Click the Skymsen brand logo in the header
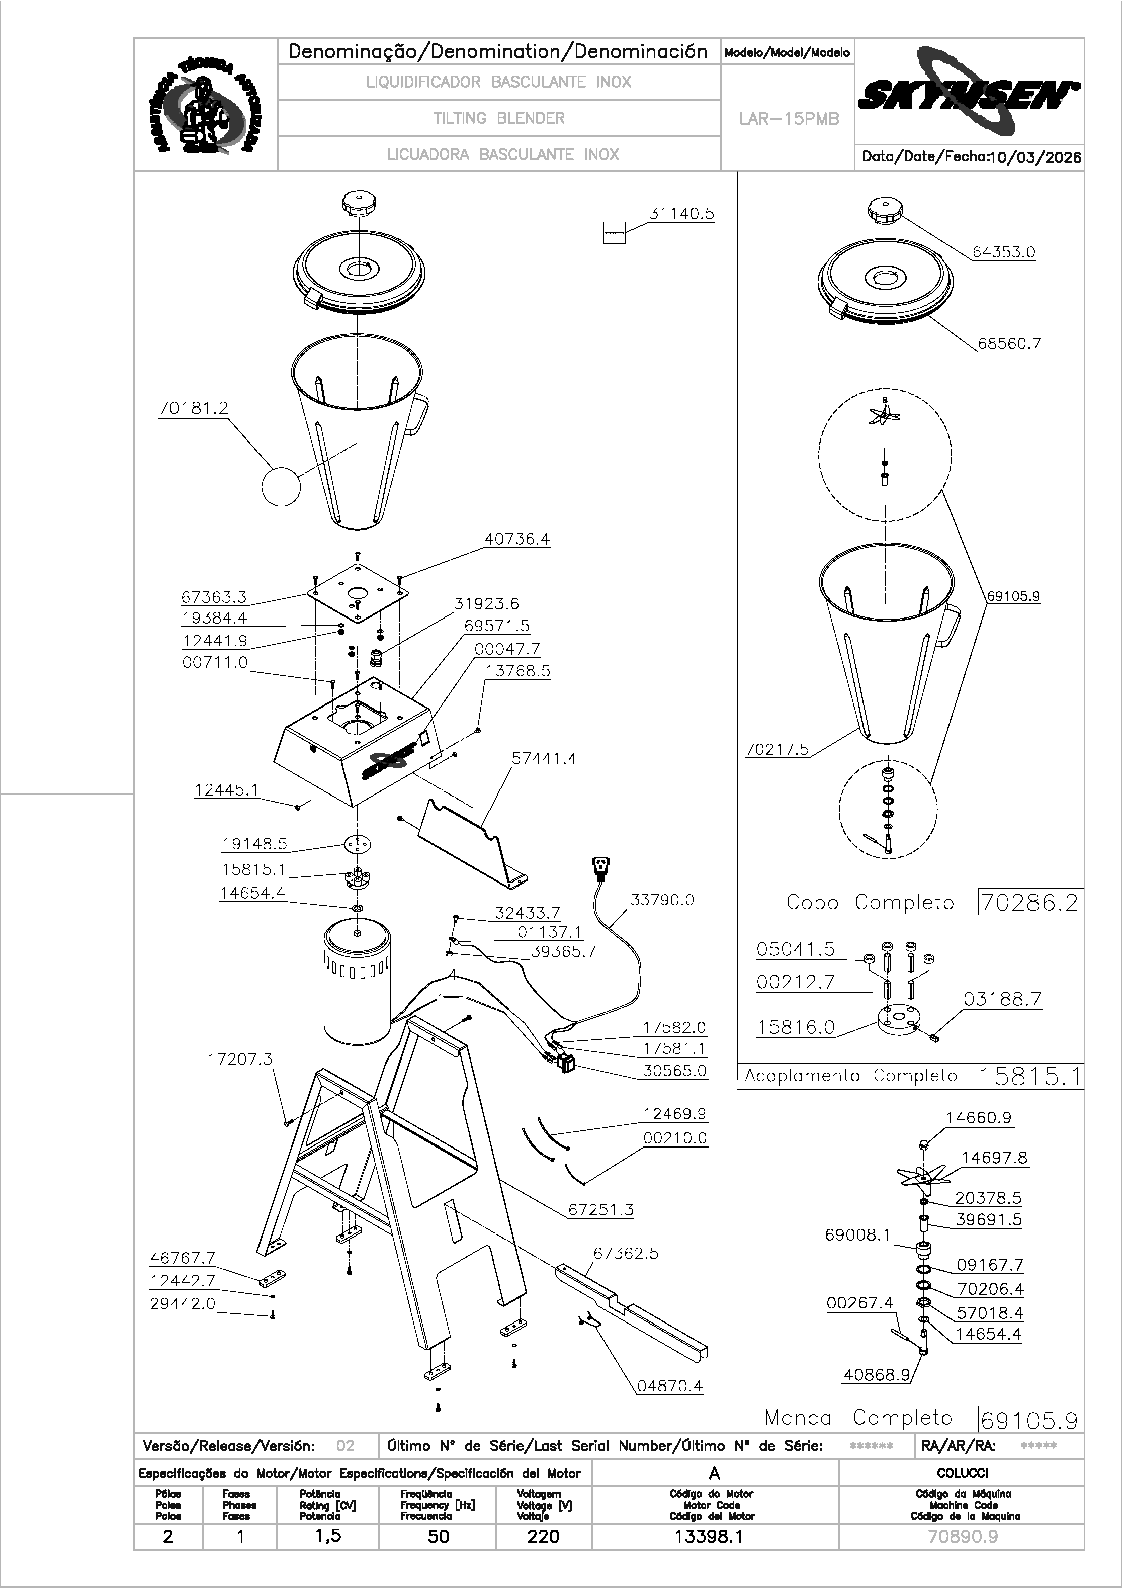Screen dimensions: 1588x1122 969,94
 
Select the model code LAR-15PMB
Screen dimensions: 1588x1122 789,119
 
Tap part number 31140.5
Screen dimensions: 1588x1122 681,214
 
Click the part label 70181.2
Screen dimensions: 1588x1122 193,409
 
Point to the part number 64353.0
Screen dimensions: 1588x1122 1004,252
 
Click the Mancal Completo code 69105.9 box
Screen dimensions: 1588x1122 1030,1421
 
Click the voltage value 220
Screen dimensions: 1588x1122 543,1537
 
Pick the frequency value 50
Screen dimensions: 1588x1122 439,1537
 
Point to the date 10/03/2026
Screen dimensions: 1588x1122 1035,158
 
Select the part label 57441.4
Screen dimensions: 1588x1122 544,759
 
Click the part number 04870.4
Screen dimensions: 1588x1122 669,1386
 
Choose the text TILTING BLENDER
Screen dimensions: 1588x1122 499,118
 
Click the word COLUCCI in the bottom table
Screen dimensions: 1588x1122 962,1473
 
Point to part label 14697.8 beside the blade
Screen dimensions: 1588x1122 994,1158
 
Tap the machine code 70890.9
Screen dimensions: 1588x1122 962,1537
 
